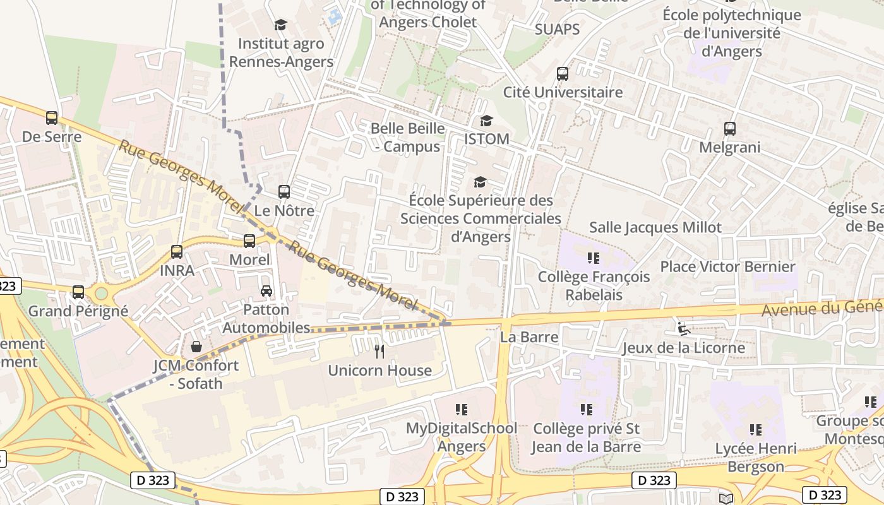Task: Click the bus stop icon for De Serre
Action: (52, 118)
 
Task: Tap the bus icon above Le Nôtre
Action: (284, 191)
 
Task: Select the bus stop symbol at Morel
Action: (249, 241)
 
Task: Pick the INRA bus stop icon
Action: (177, 252)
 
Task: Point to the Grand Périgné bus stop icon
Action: (78, 292)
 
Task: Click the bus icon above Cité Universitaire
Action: (563, 73)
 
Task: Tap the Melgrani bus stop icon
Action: (730, 129)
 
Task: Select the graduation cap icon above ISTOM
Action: (486, 121)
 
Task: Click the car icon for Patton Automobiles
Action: (266, 291)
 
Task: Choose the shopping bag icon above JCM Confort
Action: (196, 347)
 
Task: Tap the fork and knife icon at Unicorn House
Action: (379, 351)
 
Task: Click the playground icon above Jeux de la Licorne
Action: (683, 328)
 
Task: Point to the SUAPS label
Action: (557, 29)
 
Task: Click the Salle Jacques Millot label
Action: (655, 227)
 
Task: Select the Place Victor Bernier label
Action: (727, 266)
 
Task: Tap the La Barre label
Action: (529, 337)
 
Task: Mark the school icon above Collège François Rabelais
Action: (593, 258)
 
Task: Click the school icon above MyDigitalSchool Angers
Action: (462, 410)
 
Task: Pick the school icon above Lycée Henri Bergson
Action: (755, 430)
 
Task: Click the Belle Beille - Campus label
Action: (407, 138)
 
